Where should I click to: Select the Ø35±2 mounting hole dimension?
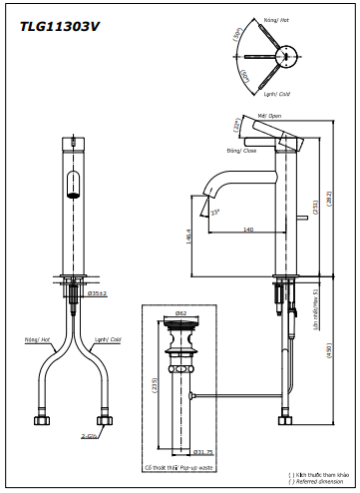(x=98, y=294)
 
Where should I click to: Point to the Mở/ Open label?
(x=268, y=116)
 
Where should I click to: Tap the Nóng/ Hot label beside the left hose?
(x=38, y=339)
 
